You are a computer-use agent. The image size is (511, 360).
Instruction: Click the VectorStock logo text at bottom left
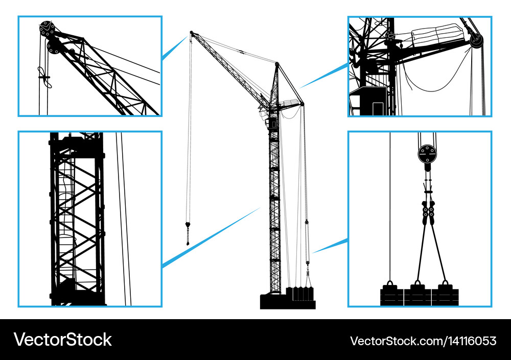tap(63, 340)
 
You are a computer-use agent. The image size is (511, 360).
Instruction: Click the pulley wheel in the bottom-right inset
tap(427, 153)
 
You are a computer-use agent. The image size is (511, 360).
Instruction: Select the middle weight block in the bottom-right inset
tap(417, 296)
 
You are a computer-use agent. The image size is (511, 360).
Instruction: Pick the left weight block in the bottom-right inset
tap(391, 296)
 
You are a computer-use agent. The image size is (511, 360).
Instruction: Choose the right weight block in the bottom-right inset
tap(445, 296)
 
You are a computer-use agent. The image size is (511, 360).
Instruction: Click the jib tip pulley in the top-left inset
tap(48, 29)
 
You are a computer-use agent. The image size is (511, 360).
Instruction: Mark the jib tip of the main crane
tap(192, 34)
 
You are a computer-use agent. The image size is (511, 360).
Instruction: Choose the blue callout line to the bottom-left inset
tap(210, 237)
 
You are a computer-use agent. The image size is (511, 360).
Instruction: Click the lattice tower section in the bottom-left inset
tap(77, 220)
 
